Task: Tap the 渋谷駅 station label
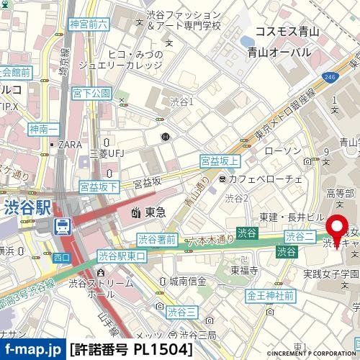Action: [26, 207]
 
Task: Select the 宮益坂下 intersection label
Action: [99, 186]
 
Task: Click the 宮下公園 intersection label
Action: [91, 94]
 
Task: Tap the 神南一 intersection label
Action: [43, 130]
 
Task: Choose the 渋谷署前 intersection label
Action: [156, 238]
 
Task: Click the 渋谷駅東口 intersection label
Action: [122, 255]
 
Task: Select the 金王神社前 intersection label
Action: [270, 295]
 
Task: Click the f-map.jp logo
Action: [32, 349]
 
